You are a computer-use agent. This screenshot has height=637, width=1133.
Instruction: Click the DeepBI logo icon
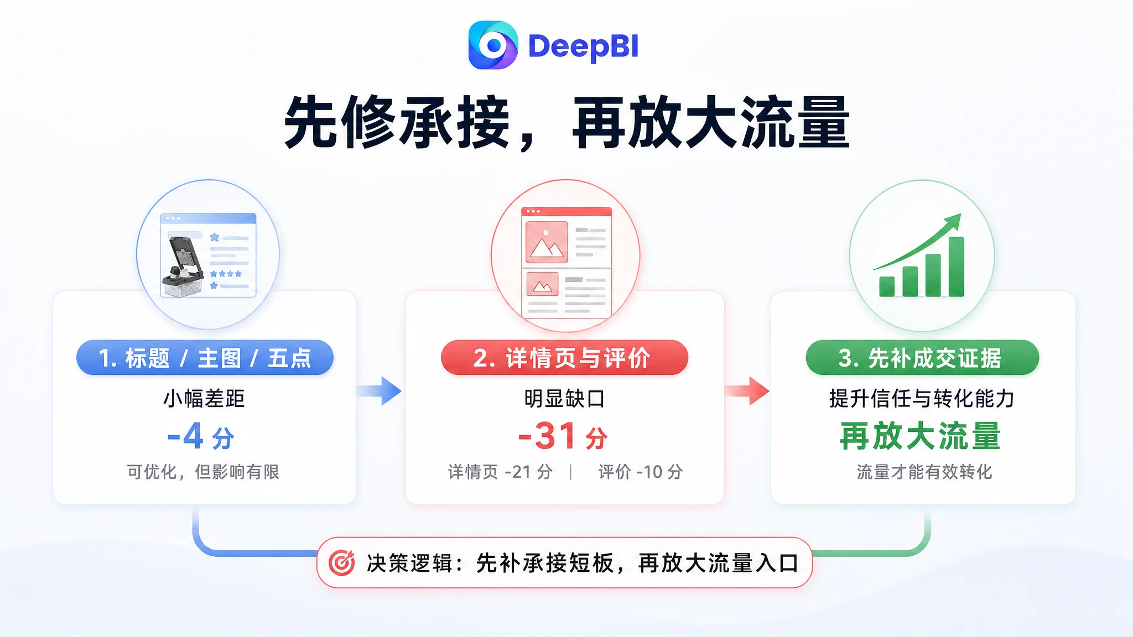point(493,45)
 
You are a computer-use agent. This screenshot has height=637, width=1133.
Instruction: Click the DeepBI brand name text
point(584,46)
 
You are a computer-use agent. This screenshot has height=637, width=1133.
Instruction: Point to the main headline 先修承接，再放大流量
point(566,122)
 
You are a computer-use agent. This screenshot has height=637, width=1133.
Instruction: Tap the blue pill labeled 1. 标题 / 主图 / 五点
point(205,358)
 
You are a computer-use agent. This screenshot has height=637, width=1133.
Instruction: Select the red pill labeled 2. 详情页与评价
point(564,358)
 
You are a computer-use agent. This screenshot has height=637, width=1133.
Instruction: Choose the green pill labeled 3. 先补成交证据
point(922,358)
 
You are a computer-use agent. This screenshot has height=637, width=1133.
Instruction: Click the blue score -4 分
point(201,436)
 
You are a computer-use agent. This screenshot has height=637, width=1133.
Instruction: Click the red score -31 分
point(563,436)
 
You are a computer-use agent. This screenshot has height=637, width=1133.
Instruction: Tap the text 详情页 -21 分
point(500,472)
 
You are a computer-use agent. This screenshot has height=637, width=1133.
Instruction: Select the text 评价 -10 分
point(641,472)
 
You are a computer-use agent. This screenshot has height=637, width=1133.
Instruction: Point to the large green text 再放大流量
point(921,436)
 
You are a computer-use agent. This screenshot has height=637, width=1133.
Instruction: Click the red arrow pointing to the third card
point(747,391)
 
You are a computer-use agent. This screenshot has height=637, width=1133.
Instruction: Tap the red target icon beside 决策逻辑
point(342,563)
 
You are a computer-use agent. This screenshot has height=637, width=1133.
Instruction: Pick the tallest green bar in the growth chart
point(957,267)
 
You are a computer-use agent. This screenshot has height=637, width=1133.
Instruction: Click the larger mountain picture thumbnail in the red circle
point(547,242)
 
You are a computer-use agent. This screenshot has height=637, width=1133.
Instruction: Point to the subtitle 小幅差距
point(204,399)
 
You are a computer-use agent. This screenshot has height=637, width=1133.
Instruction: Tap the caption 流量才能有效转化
point(924,472)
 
